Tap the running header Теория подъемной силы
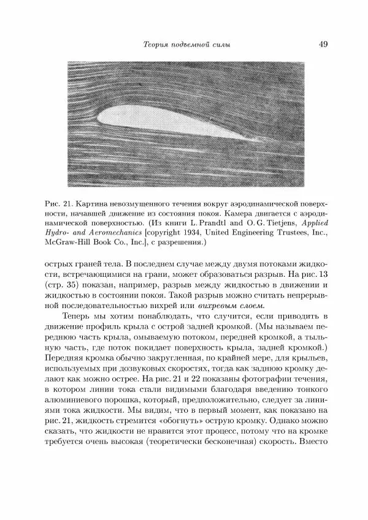pyautogui.click(x=186, y=44)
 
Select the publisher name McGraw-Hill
pyautogui.click(x=65, y=244)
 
